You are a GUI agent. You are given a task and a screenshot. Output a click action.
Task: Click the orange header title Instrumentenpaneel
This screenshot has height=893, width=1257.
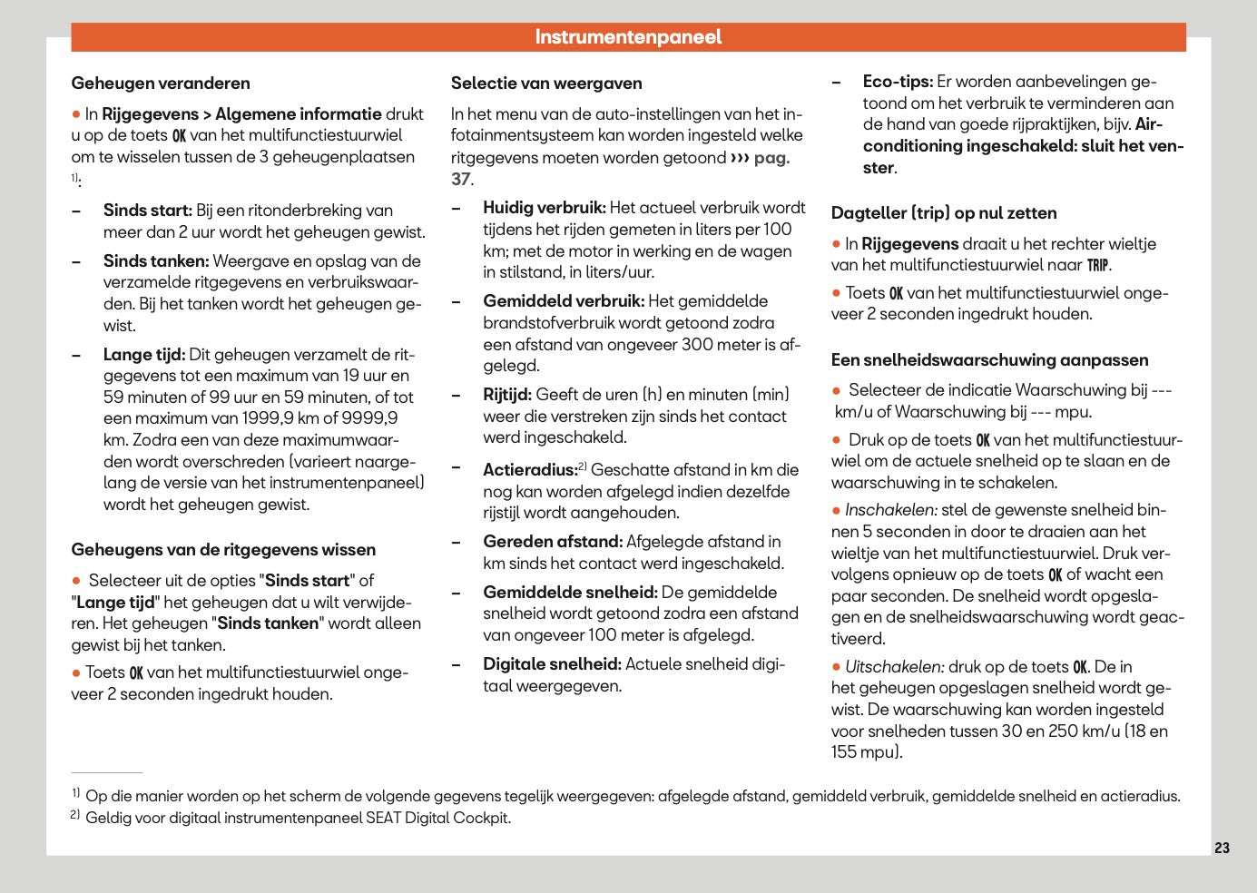pos(628,37)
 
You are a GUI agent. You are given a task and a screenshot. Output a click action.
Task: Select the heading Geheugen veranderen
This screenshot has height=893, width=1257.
pos(161,83)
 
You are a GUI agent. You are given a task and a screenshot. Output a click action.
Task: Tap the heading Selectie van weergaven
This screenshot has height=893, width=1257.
pos(546,83)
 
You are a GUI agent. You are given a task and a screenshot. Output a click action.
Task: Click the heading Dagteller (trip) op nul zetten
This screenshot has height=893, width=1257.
pos(944,213)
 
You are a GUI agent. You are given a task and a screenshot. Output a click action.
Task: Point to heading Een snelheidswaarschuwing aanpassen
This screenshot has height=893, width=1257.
pos(989,360)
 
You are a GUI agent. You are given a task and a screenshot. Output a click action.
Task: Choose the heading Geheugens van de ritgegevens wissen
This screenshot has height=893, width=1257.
pos(223,550)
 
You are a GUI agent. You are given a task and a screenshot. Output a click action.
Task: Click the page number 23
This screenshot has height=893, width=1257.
pos(1222,848)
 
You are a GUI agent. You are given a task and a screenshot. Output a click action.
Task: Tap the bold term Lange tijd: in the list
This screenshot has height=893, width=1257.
pos(144,355)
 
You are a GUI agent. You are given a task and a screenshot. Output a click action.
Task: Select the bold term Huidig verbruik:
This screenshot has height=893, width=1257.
pos(545,208)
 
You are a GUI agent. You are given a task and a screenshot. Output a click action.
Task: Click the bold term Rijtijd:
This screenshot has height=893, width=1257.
pos(507,395)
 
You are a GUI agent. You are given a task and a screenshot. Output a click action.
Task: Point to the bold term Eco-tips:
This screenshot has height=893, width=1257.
pos(898,82)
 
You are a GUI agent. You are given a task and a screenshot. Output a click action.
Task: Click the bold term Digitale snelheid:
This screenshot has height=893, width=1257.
pos(552,664)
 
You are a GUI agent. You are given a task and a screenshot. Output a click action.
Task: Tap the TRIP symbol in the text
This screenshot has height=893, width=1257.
pos(1098,266)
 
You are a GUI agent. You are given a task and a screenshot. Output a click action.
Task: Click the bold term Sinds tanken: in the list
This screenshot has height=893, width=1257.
pos(156,261)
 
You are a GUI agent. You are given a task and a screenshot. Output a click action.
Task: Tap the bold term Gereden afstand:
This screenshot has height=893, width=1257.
pos(553,542)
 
